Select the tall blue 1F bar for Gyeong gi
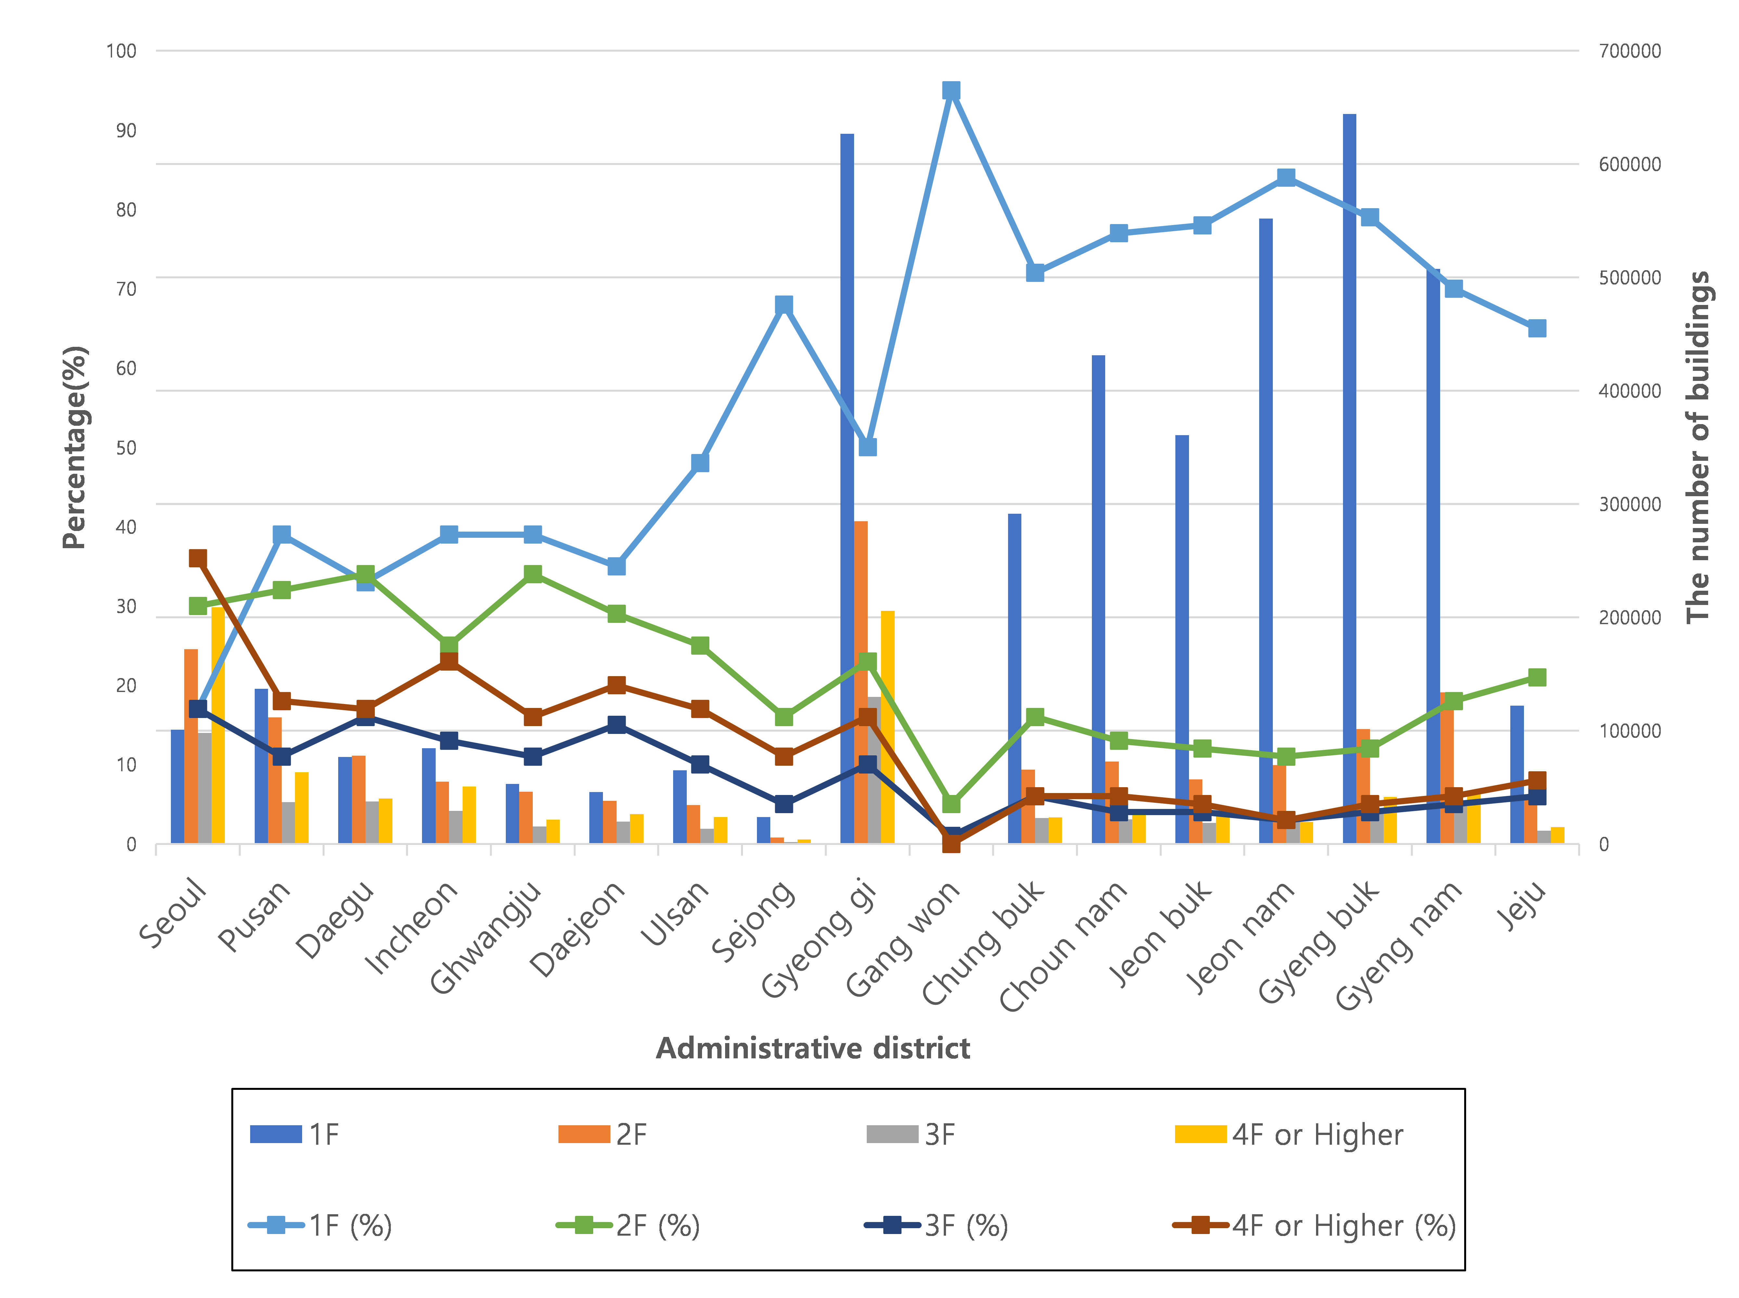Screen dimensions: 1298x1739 point(847,487)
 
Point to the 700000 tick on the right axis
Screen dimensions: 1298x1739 point(1630,51)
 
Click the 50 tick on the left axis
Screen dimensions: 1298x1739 point(126,448)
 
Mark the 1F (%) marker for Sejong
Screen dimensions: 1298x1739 point(784,305)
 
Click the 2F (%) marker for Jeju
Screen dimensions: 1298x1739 point(1537,677)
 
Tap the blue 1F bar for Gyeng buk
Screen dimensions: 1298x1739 point(1349,479)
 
